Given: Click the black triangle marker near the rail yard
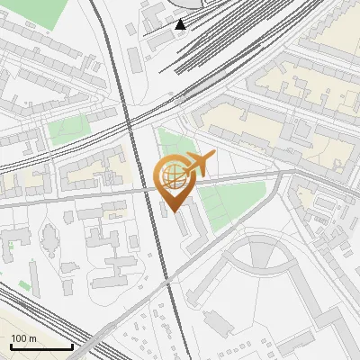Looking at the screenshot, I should (x=181, y=24).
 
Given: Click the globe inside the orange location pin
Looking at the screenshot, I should (x=174, y=176).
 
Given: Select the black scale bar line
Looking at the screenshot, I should (x=41, y=346).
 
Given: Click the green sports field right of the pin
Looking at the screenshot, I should (x=232, y=201).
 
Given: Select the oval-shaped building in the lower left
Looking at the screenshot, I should (x=49, y=237).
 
